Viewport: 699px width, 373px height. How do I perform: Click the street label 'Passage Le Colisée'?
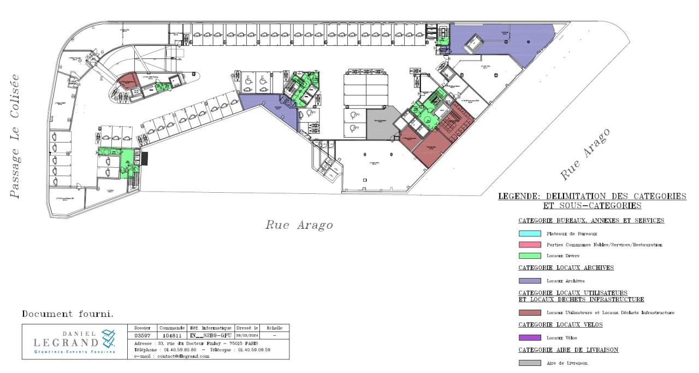click(x=17, y=135)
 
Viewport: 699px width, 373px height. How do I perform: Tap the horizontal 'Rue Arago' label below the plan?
click(x=299, y=225)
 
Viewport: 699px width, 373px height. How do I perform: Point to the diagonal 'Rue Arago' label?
click(x=585, y=155)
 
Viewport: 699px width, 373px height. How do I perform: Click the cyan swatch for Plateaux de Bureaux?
click(x=530, y=234)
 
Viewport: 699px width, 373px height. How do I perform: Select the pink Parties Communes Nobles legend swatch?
click(x=530, y=245)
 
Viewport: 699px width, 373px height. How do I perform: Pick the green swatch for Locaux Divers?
click(x=530, y=256)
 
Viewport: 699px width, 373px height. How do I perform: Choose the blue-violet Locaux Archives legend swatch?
click(x=530, y=281)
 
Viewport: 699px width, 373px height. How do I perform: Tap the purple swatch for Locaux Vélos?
click(x=530, y=338)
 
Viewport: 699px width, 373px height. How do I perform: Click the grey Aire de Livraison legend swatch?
click(x=530, y=363)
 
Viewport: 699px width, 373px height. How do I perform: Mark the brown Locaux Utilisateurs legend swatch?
click(x=530, y=312)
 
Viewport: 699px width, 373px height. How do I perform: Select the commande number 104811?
click(x=171, y=335)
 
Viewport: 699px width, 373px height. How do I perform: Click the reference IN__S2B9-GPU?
click(x=210, y=335)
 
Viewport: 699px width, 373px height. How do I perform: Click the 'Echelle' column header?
click(x=274, y=327)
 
